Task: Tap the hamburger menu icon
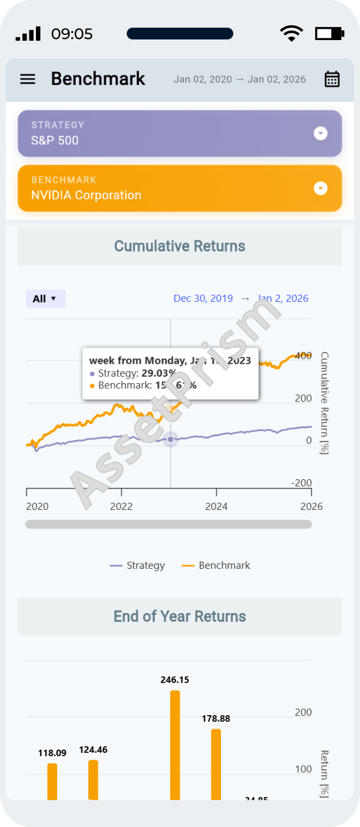coord(28,79)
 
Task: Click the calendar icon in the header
coord(332,79)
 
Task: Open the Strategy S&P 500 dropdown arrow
coord(321,134)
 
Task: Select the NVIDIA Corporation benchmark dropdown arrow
coord(321,189)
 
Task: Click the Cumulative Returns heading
coord(180,246)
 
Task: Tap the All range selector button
coord(45,299)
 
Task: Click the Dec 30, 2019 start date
coord(203,298)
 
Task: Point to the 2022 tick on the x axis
coord(121,506)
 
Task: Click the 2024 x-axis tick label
coord(216,506)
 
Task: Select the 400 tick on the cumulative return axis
coord(303,355)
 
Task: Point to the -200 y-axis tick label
coord(302,483)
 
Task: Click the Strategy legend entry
coord(138,565)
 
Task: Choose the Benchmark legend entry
coord(216,565)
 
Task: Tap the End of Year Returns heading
coord(180,617)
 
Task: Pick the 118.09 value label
coord(52,753)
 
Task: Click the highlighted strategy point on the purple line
coord(171,439)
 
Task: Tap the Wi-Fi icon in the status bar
coord(290,34)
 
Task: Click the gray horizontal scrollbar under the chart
coord(169,524)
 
